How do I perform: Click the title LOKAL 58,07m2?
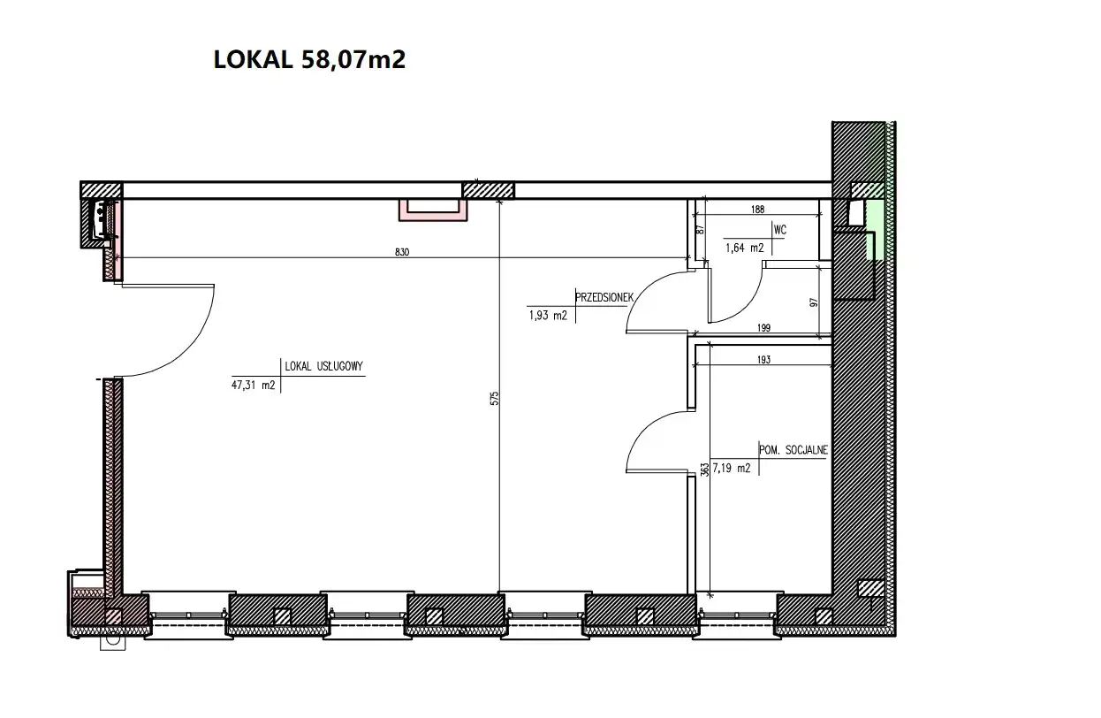coord(309,59)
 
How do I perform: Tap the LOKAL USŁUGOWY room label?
coord(323,366)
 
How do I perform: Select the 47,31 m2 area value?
coord(253,385)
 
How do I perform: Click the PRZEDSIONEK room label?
coord(604,297)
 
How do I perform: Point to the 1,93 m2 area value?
coord(548,316)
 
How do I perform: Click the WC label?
coord(780,230)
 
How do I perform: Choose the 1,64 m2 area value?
coord(745,248)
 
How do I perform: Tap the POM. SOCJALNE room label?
coord(793,450)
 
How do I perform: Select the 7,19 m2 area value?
coord(732,468)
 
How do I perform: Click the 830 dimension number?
coord(401,252)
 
